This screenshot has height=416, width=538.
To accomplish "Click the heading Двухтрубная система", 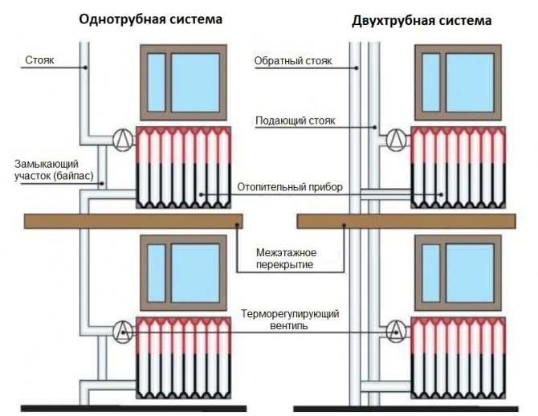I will tap(422, 19).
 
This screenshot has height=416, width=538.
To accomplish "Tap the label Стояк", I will tap(40, 59).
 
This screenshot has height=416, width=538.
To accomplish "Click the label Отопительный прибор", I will tap(290, 187).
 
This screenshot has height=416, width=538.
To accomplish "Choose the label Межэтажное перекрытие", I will tap(286, 259).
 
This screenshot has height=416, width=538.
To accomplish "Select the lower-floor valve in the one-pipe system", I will tap(122, 329).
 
